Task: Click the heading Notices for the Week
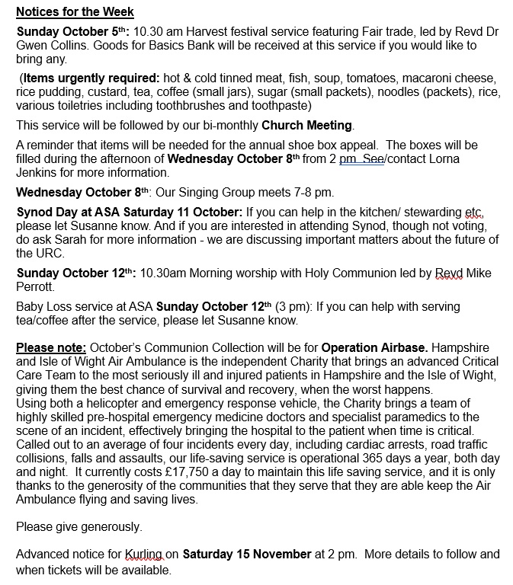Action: tap(75, 12)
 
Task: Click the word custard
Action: tap(111, 92)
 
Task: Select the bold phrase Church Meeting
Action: tap(308, 125)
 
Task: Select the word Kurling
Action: tap(145, 554)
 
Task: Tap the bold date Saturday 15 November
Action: tap(247, 554)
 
